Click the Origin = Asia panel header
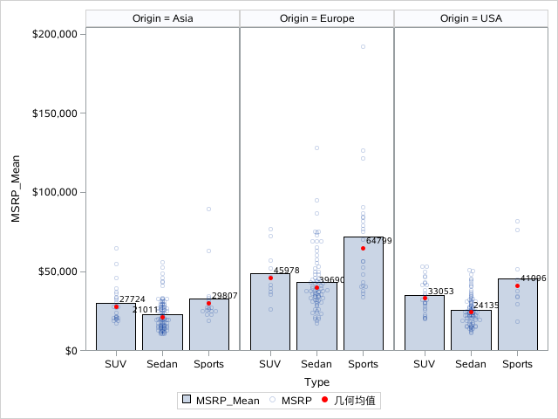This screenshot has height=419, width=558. coord(162,18)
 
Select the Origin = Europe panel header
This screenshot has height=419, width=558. coord(316,18)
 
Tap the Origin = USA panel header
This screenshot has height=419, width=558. coord(471,18)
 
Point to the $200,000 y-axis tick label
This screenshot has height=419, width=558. coord(57,34)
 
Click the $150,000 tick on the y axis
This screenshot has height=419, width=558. coord(57,113)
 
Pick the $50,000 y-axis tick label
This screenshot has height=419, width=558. coord(59,271)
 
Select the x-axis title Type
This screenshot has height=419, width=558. coord(316,381)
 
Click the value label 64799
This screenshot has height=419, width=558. coord(379,241)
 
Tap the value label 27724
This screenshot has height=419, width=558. coord(132,299)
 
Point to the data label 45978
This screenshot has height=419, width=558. coord(287,271)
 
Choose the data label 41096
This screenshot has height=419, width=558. coord(534,278)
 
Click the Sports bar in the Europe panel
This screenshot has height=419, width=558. coord(363,297)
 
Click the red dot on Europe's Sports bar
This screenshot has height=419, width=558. coord(363,248)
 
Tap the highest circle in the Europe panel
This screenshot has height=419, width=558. coord(363,46)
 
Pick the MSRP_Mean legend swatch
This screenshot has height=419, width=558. coord(187,401)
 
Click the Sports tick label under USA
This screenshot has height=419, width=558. coord(517,363)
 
